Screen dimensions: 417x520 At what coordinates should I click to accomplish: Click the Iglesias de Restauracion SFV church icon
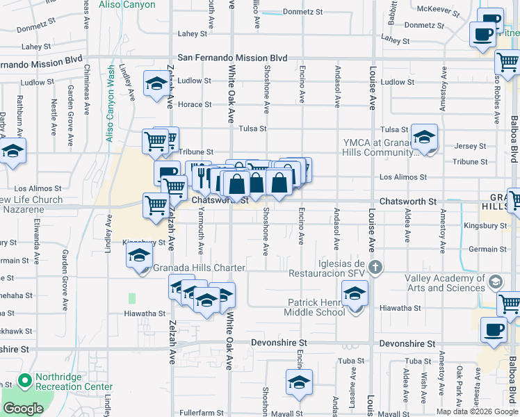click(x=375, y=267)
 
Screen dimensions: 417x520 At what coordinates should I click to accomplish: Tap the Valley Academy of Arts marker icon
click(x=495, y=282)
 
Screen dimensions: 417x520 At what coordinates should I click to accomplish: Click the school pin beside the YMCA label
click(x=424, y=137)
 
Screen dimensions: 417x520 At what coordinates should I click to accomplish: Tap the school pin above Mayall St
click(x=299, y=382)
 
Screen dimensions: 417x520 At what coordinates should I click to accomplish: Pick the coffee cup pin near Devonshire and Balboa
click(x=494, y=329)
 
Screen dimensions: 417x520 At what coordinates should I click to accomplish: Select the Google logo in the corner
click(x=22, y=409)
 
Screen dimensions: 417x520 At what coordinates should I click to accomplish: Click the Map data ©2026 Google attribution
click(x=477, y=411)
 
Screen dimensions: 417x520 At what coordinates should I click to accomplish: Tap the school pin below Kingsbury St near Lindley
click(x=139, y=256)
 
